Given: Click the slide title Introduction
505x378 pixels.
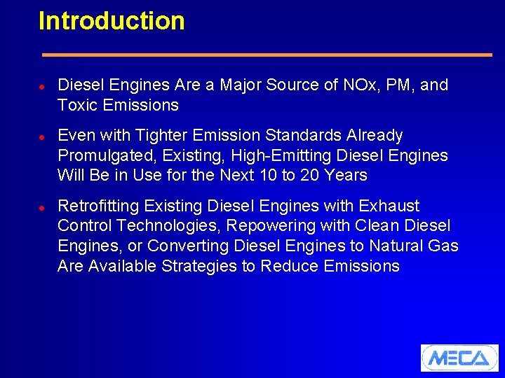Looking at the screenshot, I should click(112, 21).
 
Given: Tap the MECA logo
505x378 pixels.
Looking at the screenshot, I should click(459, 358).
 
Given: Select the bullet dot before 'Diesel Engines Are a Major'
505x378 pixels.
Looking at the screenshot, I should click(42, 86).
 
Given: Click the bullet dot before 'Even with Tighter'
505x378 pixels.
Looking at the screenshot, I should click(42, 136).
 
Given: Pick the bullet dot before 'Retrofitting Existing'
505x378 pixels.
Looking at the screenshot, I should click(42, 207).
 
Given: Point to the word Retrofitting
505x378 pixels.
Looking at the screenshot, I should click(98, 206).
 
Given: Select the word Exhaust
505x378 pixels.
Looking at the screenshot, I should click(389, 206).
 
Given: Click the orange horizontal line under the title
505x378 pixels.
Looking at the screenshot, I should click(267, 55).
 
